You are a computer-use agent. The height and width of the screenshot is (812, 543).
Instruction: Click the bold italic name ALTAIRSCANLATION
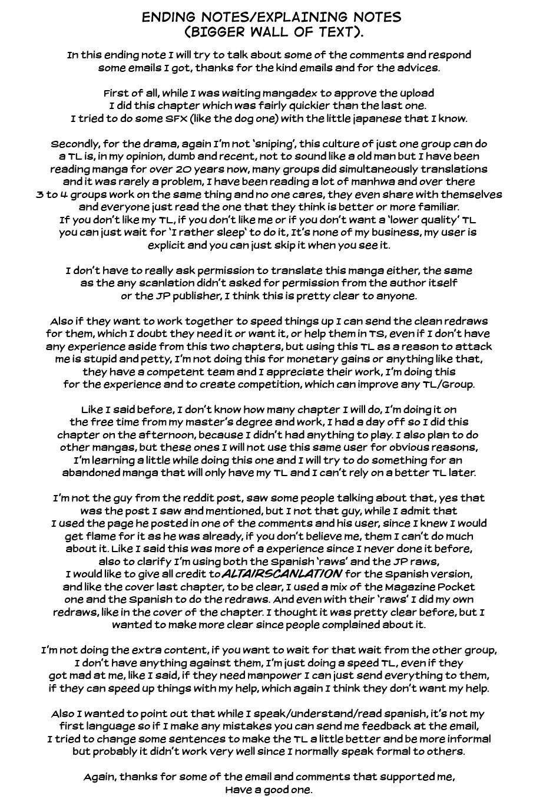[x=282, y=574]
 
